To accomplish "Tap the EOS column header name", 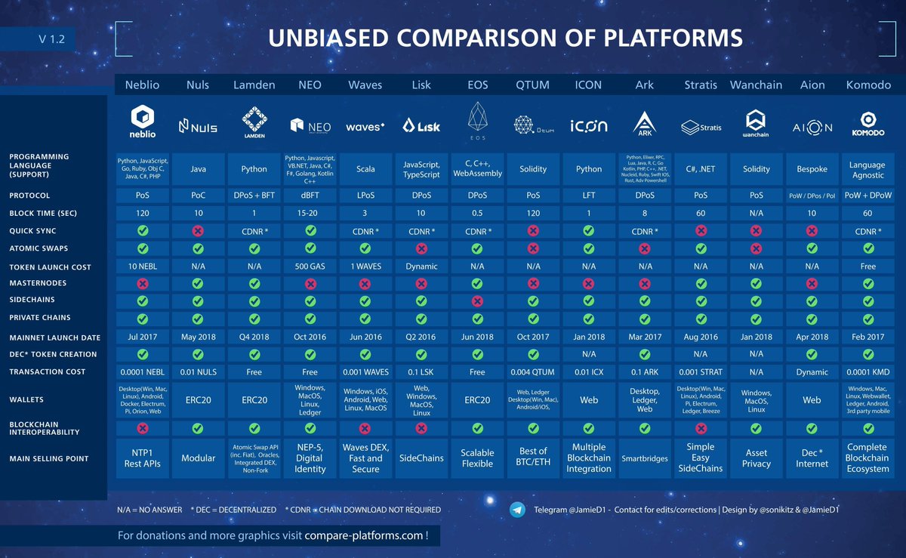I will point(477,85).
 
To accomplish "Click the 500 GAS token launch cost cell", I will point(310,266).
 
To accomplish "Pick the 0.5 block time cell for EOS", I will point(477,214).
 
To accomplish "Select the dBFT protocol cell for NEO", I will point(310,196).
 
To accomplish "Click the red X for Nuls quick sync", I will point(198,231).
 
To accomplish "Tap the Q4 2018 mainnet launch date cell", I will point(254,338).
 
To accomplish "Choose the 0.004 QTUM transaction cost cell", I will point(533,371).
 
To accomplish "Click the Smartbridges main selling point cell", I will point(645,458).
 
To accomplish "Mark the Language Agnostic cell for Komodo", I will point(867,169).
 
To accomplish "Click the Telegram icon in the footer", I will point(517,509).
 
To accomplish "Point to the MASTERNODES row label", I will point(37,283).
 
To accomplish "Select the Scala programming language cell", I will point(365,169).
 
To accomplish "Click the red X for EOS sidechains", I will point(477,301).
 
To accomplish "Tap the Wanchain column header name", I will point(756,85).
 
